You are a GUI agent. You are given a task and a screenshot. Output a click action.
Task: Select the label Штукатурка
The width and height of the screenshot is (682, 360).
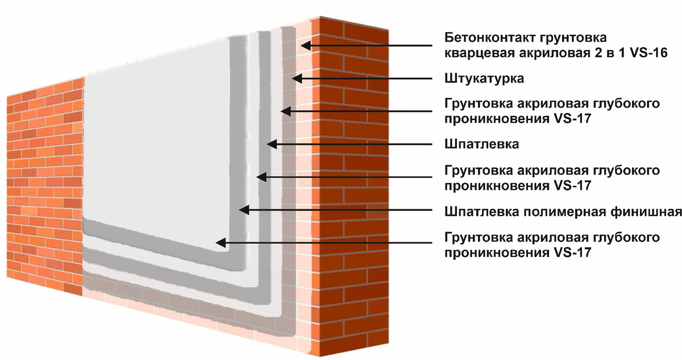484,78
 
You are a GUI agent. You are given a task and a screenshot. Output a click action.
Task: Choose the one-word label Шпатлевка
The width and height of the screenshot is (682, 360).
482,144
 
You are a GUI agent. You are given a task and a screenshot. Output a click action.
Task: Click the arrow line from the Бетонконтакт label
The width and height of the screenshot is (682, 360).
369,44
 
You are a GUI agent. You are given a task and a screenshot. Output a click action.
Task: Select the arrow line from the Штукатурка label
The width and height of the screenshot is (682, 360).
364,78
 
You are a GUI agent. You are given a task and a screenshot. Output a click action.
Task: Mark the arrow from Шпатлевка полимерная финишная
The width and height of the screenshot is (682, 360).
341,210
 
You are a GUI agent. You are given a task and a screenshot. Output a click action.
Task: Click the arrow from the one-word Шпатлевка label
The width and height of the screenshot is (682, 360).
352,144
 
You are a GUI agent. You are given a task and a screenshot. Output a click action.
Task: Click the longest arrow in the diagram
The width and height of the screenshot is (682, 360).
330,243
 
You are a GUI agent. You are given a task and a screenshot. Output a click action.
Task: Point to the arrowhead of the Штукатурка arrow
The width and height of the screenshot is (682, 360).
297,78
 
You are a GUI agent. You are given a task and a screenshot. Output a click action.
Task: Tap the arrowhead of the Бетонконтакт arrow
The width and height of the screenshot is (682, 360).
305,44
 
